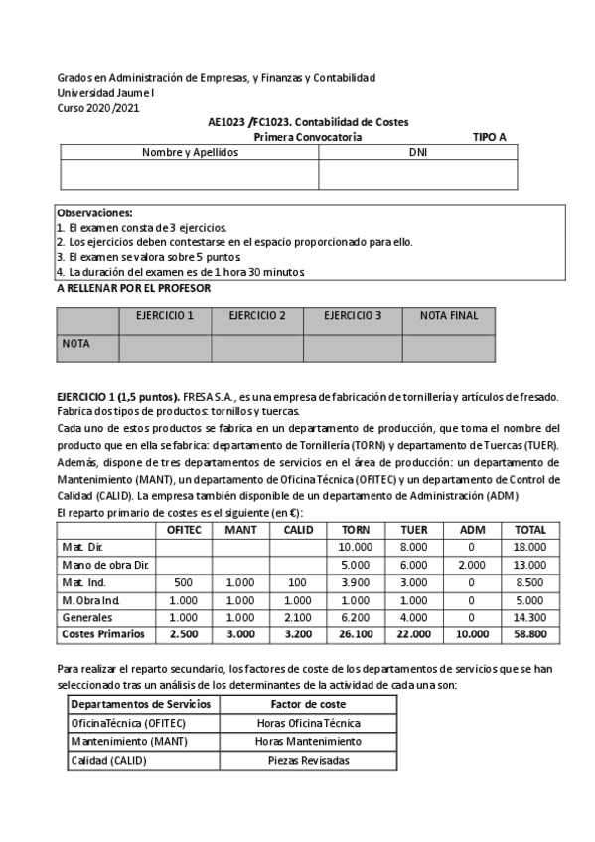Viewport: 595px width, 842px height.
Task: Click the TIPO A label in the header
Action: point(489,137)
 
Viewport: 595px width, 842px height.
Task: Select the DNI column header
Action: point(417,153)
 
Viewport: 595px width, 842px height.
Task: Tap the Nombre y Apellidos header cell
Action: point(190,153)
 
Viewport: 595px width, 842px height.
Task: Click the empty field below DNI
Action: point(417,174)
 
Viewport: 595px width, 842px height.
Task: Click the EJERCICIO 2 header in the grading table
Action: point(257,316)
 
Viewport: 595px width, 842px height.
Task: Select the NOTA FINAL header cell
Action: point(449,316)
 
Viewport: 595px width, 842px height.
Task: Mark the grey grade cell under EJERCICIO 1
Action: point(164,347)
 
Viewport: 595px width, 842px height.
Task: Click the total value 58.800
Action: point(529,632)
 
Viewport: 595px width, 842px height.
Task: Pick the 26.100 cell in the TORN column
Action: point(355,632)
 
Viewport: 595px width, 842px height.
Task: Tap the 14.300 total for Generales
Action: point(529,616)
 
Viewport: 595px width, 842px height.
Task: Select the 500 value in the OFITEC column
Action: point(183,582)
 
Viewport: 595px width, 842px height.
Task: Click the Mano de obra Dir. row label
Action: point(105,565)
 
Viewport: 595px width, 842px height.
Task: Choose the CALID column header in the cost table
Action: point(298,530)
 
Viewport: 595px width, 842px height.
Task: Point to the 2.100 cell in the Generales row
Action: point(298,616)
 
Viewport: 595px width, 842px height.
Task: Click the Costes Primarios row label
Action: point(103,632)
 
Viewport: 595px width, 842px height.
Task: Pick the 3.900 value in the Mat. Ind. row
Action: point(355,582)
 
